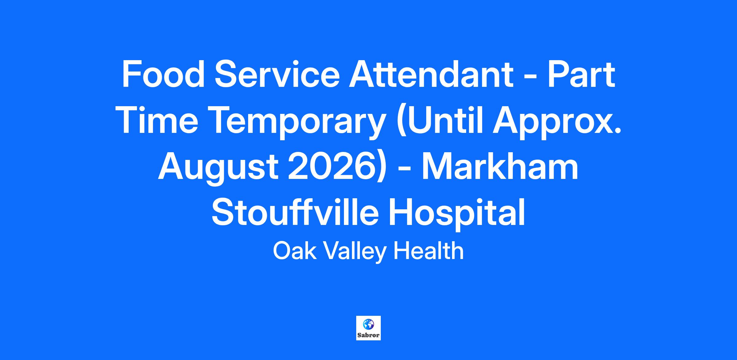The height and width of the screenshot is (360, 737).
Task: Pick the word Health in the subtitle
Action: tap(428, 251)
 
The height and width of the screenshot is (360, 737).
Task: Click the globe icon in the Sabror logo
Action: tap(368, 324)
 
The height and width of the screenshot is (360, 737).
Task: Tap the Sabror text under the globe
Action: tap(368, 335)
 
